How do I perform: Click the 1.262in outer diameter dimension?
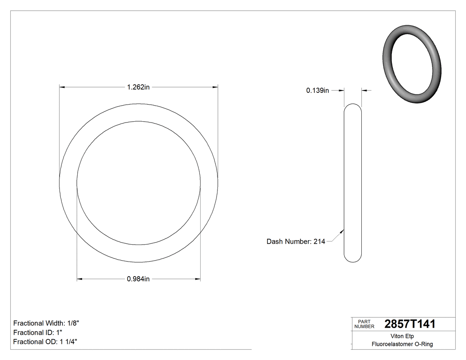[x=138, y=87]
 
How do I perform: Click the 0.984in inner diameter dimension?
[x=138, y=279]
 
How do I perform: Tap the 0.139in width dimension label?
[x=317, y=91]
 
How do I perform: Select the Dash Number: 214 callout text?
[x=296, y=241]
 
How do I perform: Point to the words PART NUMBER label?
[x=364, y=324]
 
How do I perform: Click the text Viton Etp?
[x=402, y=336]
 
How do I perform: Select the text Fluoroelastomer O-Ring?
[x=402, y=344]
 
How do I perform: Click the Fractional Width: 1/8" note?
[x=46, y=323]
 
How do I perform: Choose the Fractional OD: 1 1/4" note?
[x=46, y=342]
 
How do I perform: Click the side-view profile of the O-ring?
[x=353, y=183]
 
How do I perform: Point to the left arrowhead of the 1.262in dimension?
[x=62, y=87]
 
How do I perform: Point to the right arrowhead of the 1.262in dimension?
[x=215, y=87]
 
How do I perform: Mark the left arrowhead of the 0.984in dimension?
[x=80, y=279]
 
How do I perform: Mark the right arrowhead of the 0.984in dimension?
[x=197, y=279]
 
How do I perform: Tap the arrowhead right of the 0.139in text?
[x=342, y=91]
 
